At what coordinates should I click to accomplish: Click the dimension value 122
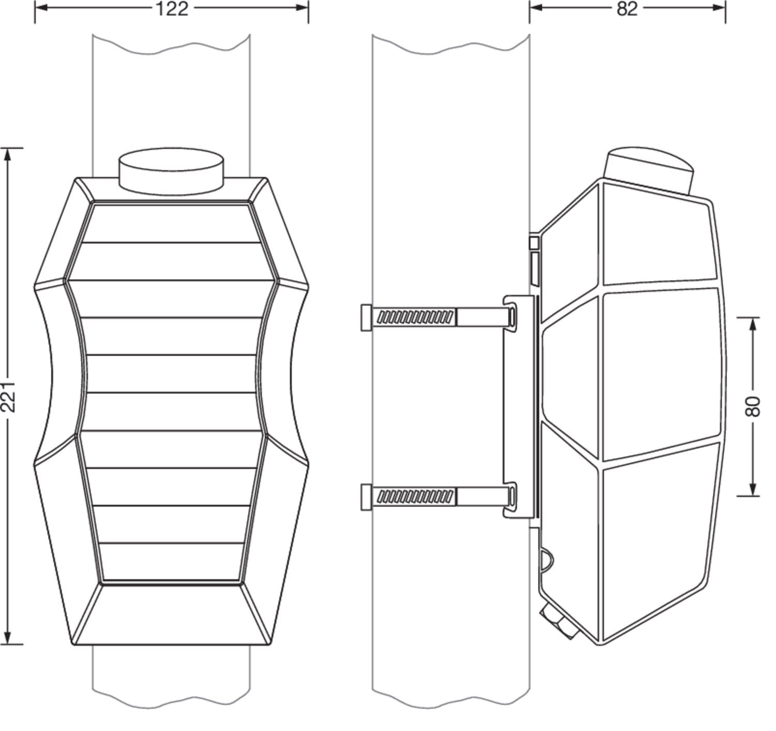(x=172, y=9)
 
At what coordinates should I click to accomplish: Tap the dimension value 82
(x=627, y=9)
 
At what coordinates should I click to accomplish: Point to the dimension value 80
(x=753, y=407)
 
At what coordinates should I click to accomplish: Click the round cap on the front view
(x=171, y=171)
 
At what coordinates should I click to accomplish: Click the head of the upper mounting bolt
(x=366, y=317)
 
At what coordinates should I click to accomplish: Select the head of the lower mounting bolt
(x=366, y=497)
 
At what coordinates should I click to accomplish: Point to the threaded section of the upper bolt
(x=415, y=317)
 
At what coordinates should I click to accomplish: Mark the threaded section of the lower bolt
(x=415, y=496)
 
